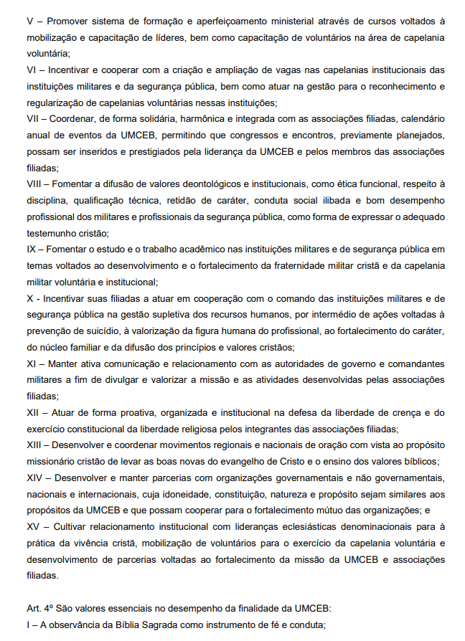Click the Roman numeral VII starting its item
33,118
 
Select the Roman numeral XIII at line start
34,445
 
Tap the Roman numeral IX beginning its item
32,249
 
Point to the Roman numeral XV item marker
34,526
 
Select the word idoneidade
159,494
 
